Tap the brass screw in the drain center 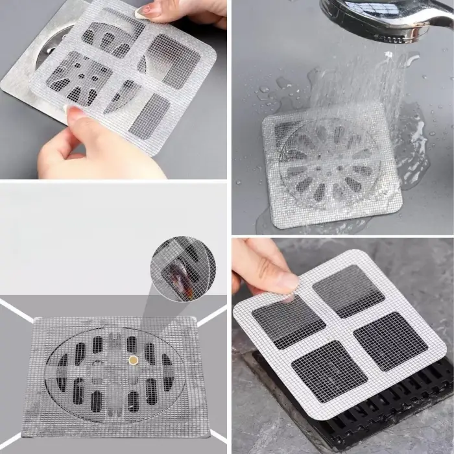click(x=133, y=359)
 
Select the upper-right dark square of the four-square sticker click(x=348, y=290)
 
